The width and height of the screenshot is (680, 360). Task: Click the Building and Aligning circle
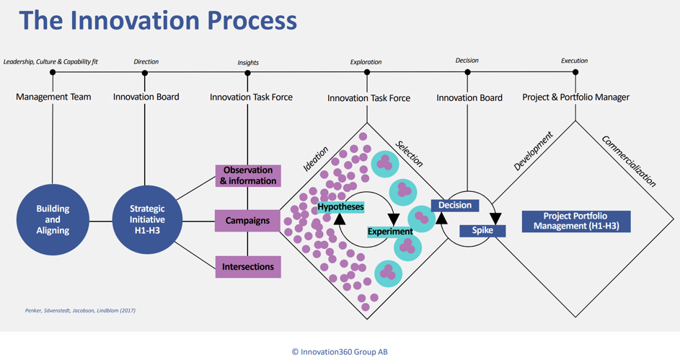click(53, 219)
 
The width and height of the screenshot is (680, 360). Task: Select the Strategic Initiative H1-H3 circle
click(147, 219)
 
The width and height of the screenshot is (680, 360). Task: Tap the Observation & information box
click(248, 175)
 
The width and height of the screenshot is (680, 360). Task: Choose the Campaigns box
click(247, 221)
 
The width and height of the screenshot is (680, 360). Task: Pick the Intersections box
click(248, 267)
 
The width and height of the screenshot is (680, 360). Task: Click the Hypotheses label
click(340, 207)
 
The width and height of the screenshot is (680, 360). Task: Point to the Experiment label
click(390, 232)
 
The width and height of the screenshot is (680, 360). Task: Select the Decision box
click(455, 205)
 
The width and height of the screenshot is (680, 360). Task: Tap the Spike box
click(482, 231)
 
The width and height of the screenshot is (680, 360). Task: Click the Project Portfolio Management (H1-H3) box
click(576, 221)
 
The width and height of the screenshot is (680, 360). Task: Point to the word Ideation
click(316, 159)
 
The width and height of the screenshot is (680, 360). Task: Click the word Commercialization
click(629, 162)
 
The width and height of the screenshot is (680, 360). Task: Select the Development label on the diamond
click(534, 151)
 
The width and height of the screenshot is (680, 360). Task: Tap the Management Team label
click(53, 97)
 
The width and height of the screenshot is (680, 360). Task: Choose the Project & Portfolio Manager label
click(576, 97)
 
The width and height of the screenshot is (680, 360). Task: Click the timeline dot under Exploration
click(367, 72)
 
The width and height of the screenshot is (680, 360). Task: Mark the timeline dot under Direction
click(145, 73)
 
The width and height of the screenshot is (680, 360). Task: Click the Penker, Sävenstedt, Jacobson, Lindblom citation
click(80, 310)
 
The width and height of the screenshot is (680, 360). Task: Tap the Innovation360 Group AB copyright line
click(340, 352)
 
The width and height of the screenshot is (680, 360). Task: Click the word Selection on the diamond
click(409, 154)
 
